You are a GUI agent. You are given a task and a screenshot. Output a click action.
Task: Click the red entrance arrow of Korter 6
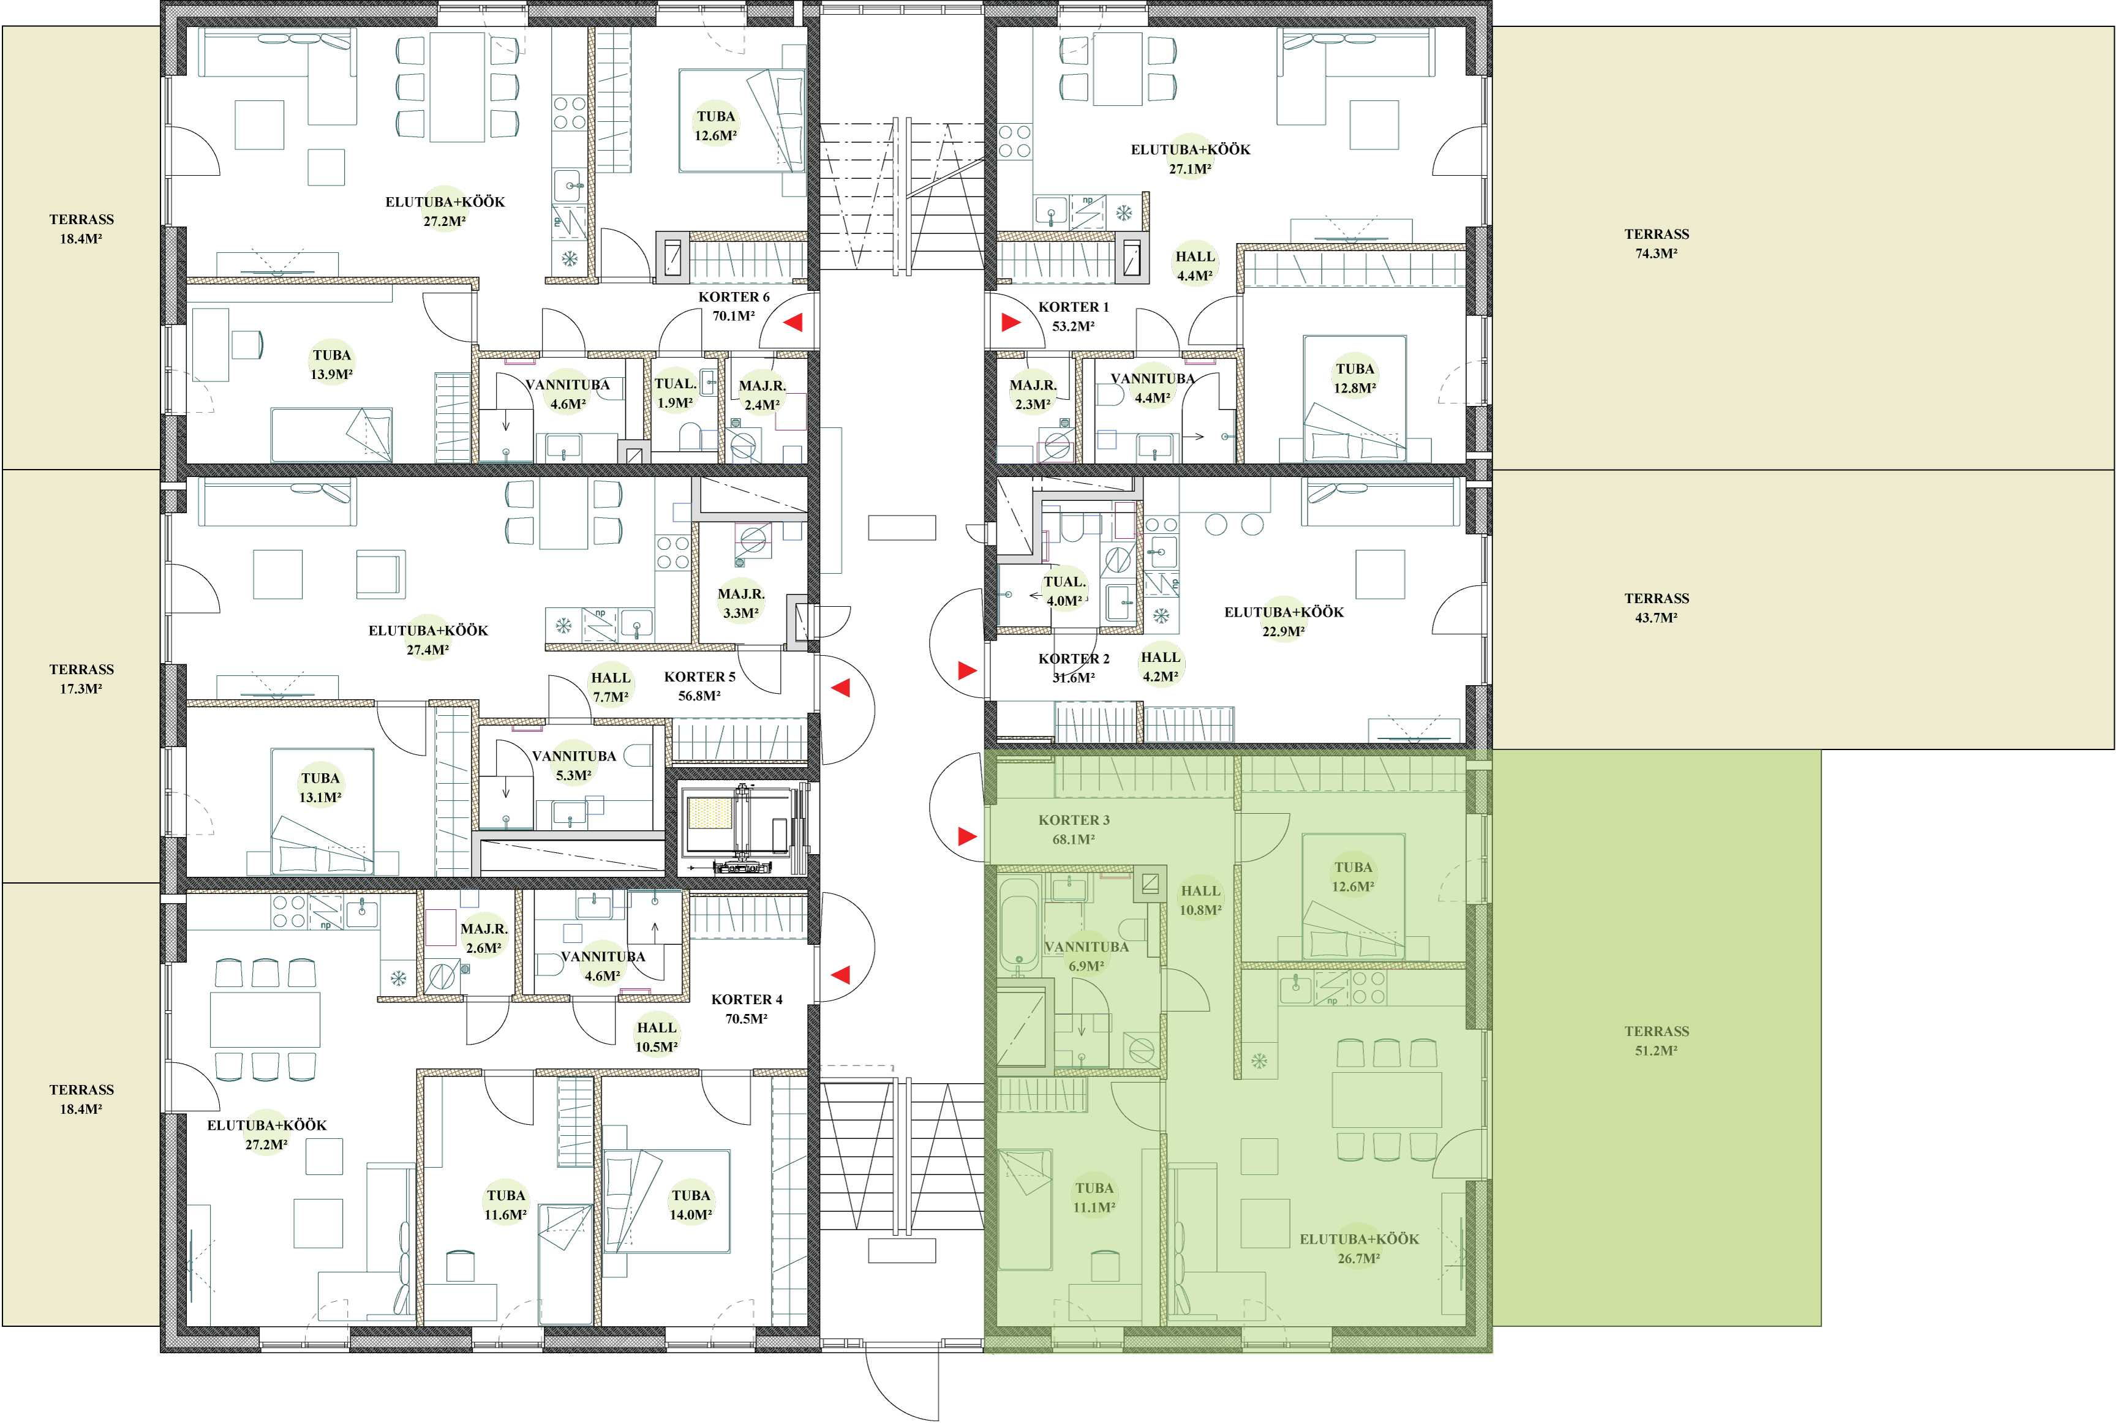tap(793, 322)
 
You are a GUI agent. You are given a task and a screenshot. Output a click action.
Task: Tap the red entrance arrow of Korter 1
tap(1011, 322)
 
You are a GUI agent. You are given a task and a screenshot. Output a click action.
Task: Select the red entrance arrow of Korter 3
tap(968, 836)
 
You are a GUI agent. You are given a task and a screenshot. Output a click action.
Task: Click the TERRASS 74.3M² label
tap(1657, 243)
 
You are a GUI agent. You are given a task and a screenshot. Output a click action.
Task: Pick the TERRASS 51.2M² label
tap(1657, 1041)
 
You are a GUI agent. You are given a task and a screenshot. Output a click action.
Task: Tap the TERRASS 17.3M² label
tap(81, 679)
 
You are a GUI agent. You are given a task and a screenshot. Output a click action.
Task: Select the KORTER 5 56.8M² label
tap(700, 686)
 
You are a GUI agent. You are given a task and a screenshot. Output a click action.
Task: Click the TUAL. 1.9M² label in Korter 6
tap(676, 393)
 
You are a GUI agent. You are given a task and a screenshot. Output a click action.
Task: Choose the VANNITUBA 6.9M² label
tap(1086, 956)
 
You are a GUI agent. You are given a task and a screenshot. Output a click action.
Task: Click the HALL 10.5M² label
tap(657, 1037)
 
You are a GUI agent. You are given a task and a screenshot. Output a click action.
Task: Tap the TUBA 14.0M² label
tap(691, 1205)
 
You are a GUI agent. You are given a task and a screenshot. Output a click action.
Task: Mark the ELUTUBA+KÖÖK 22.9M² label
tap(1284, 621)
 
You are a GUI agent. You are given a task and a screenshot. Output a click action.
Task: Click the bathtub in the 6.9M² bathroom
tap(1018, 923)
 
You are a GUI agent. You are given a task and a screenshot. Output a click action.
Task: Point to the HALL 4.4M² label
tap(1195, 266)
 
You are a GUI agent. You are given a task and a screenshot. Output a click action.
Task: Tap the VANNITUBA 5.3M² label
tap(574, 765)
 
